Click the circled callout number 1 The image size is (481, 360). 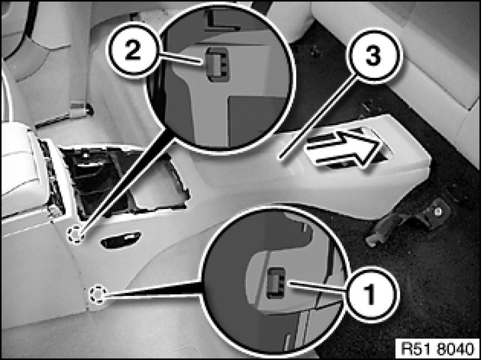[371, 295]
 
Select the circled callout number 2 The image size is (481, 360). [133, 51]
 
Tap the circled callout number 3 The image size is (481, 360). [373, 55]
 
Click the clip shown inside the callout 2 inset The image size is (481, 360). [217, 65]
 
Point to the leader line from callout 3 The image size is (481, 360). [319, 118]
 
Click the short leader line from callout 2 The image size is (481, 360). [180, 59]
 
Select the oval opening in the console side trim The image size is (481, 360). [121, 240]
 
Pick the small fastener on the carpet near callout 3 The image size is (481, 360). [314, 51]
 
